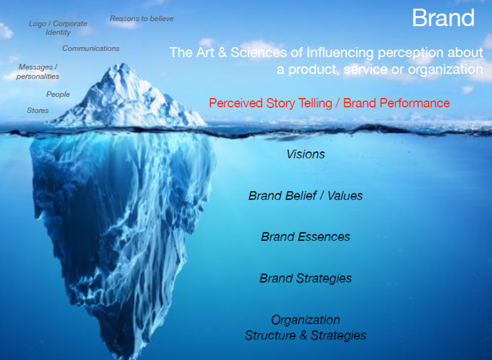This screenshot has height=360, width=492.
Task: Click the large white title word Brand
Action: (x=443, y=18)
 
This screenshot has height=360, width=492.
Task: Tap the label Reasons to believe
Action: (x=142, y=19)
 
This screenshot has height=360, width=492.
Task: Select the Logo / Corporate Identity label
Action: (x=58, y=28)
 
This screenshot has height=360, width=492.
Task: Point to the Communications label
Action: (x=91, y=48)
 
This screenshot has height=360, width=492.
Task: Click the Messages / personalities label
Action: (x=38, y=72)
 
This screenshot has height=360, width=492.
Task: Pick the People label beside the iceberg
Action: (x=58, y=94)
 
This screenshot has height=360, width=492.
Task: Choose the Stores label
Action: (x=38, y=111)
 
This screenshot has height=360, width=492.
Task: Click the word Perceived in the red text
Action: (x=236, y=103)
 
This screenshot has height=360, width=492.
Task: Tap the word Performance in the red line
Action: (x=415, y=103)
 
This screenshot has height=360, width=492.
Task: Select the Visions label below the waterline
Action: (x=305, y=154)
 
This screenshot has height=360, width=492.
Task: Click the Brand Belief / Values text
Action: (x=305, y=196)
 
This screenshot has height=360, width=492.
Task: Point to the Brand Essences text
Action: (x=305, y=237)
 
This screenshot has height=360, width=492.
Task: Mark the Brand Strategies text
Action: (x=305, y=278)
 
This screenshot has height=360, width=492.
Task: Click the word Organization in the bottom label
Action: (x=305, y=320)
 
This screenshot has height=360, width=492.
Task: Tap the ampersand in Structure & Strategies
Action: (x=303, y=335)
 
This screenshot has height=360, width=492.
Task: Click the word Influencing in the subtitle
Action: (x=340, y=53)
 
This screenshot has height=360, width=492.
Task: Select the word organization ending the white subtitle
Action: (x=445, y=69)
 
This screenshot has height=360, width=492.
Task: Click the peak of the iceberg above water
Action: (x=123, y=63)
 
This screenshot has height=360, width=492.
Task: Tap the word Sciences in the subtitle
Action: (x=259, y=53)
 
